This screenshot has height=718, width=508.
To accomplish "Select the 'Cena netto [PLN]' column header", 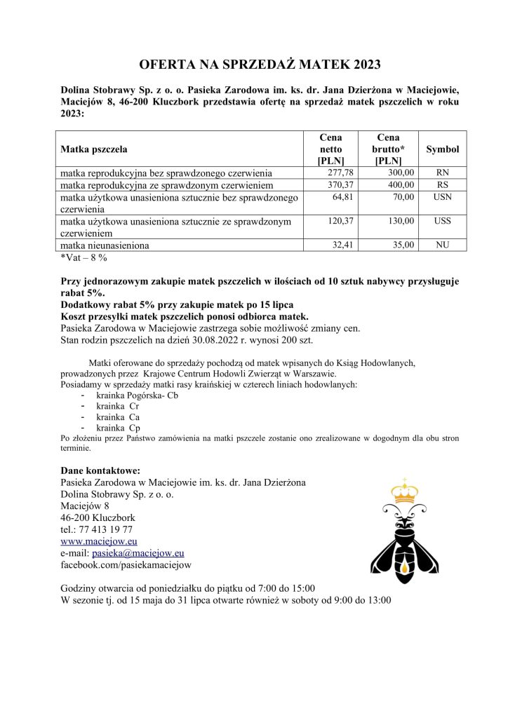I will coord(330,149).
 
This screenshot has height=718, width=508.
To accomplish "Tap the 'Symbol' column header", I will coord(443,149).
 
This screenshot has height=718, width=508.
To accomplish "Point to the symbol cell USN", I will coord(443,197).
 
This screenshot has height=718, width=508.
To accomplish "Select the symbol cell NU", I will coord(443,245).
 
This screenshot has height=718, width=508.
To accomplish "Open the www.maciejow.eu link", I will coord(99,541).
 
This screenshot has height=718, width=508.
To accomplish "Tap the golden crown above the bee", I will coord(404,492).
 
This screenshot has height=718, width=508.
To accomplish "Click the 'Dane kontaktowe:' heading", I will coord(101,470).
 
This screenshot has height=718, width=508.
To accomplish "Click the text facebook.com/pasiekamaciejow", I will coord(126,564).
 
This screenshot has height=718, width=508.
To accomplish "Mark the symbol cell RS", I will coord(443,184).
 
